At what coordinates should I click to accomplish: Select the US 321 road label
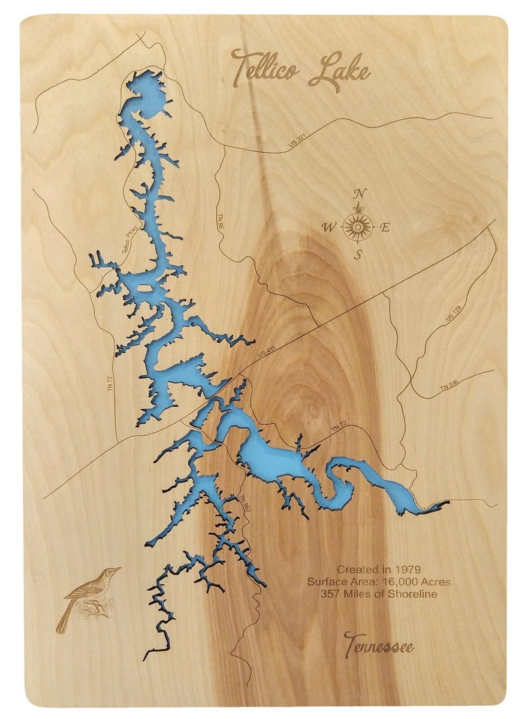coord(297,141)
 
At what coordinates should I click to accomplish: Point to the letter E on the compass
coord(386,227)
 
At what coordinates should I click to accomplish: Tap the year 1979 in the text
coord(409,569)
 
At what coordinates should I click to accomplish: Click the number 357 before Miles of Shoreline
coord(330,594)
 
